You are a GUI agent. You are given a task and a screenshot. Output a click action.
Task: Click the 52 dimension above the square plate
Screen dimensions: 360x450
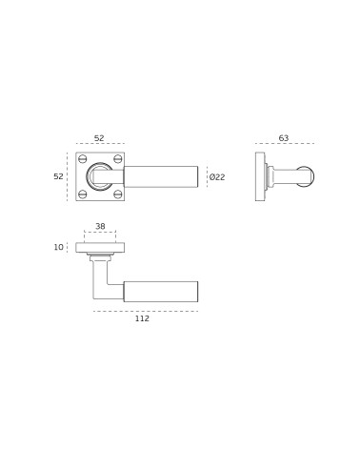[99, 138]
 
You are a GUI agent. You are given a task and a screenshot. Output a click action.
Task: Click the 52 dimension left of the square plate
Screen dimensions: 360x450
[58, 176]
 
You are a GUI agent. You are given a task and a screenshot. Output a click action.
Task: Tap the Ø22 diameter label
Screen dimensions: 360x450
[217, 177]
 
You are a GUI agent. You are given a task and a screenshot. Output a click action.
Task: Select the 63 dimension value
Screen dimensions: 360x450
[284, 138]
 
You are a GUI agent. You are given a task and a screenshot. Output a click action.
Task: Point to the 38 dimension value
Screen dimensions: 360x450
[100, 226]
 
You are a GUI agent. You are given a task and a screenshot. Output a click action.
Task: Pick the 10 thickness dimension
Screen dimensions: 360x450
[58, 247]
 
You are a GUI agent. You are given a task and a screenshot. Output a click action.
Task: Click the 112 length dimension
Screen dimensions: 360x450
[142, 318]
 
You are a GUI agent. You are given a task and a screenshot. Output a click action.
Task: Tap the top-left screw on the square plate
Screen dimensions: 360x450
[83, 158]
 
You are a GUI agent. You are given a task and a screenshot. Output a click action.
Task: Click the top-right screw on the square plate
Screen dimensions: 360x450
[118, 158]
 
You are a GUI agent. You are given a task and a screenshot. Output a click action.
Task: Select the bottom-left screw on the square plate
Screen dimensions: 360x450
[83, 194]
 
